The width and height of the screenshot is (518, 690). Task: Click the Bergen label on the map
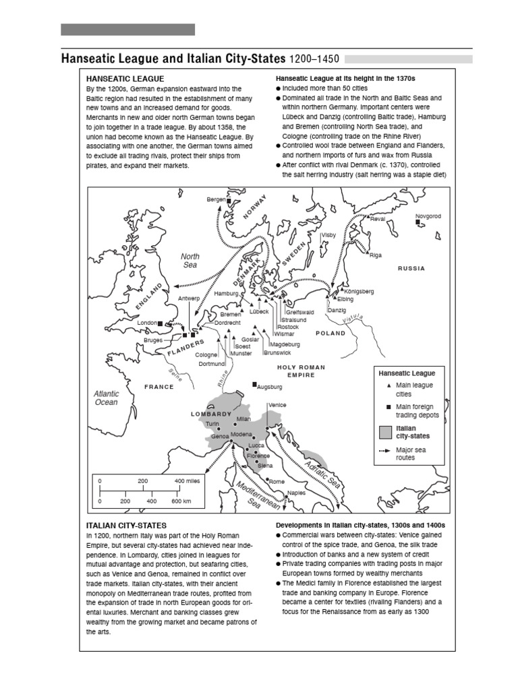(x=216, y=200)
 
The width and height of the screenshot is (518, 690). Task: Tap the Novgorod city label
(x=428, y=216)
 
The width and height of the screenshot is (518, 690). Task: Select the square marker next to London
(x=160, y=323)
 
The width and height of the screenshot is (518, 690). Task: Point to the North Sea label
(x=190, y=261)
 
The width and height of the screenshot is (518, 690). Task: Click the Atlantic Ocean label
(x=106, y=398)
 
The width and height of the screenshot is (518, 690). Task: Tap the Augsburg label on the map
(x=270, y=387)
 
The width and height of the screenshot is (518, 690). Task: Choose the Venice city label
(x=277, y=405)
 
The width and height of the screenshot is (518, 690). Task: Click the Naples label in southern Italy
(x=296, y=493)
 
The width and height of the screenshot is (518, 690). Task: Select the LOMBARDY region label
(x=210, y=414)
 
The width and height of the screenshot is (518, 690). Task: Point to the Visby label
(x=328, y=235)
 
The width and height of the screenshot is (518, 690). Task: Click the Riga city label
(x=376, y=255)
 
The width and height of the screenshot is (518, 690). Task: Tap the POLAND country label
(x=330, y=333)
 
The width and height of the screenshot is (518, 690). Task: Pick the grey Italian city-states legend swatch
(x=386, y=432)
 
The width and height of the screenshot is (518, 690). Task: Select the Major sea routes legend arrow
(x=385, y=451)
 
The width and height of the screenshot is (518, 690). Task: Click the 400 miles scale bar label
(x=188, y=481)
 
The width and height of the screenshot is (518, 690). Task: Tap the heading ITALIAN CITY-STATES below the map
(x=126, y=524)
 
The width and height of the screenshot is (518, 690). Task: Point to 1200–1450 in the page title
(x=314, y=59)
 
